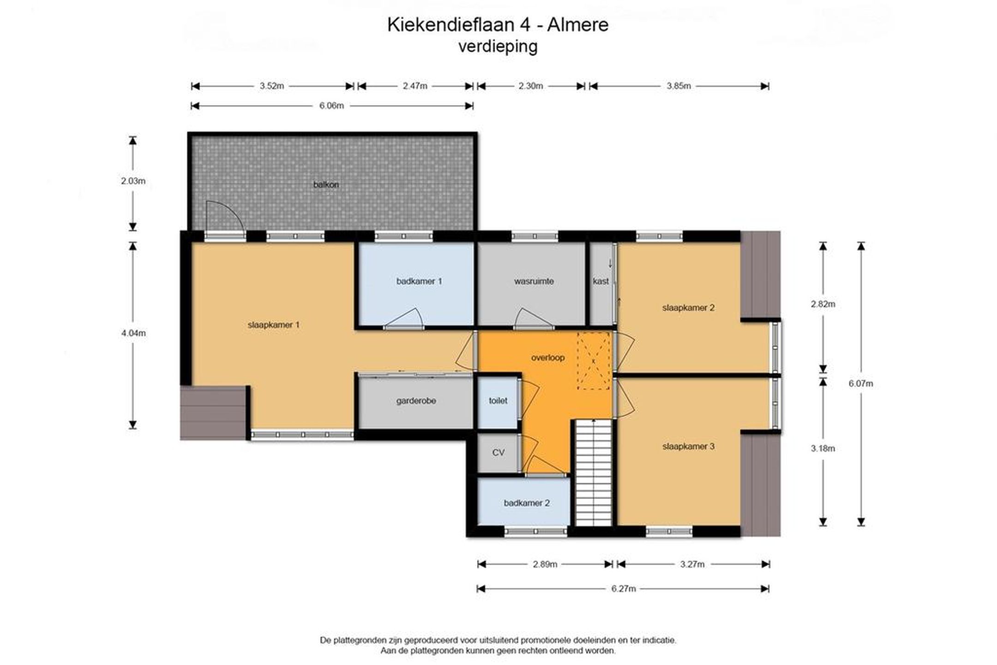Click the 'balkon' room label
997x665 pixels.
pos(326,185)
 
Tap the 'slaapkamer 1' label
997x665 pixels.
pos(273,325)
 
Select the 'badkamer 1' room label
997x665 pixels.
pos(419,281)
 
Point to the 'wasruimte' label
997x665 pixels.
pos(534,281)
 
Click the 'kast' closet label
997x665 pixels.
pos(601,281)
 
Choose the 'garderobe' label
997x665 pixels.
pos(416,401)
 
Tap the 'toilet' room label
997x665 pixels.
pos(498,401)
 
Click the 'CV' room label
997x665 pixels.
pos(498,453)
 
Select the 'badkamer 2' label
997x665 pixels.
pos(527,503)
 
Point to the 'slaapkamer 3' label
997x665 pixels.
pos(688,446)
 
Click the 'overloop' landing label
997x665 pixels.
pos(548,358)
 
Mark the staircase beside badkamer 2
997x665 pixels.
pos(593,473)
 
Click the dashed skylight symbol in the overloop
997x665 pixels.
pos(595,360)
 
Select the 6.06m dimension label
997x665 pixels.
pos(331,106)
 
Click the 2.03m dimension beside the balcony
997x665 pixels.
pos(133,181)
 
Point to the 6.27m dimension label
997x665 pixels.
pos(623,589)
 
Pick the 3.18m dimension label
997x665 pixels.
pos(823,449)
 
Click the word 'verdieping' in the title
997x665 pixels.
pos(498,47)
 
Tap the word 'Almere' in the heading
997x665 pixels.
pos(578,24)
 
